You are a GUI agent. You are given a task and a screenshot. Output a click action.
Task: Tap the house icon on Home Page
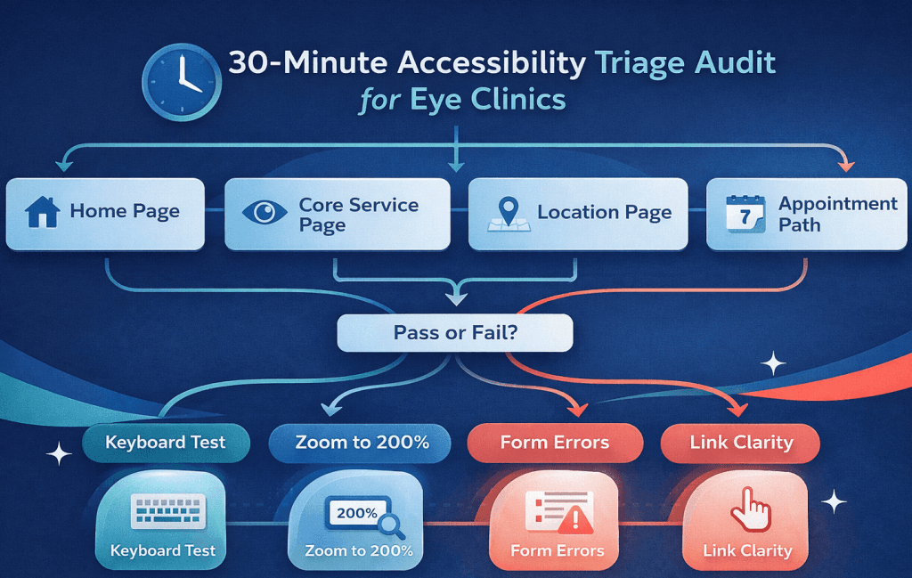pyautogui.click(x=42, y=213)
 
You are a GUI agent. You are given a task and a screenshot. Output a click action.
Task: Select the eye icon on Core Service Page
pyautogui.click(x=265, y=213)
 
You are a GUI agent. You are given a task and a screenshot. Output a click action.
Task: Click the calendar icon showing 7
pyautogui.click(x=745, y=215)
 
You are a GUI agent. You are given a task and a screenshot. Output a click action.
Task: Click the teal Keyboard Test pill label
pyautogui.click(x=165, y=443)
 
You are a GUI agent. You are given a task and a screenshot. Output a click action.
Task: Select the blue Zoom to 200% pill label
pyautogui.click(x=362, y=443)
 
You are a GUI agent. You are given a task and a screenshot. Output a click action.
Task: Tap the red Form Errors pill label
pyautogui.click(x=554, y=443)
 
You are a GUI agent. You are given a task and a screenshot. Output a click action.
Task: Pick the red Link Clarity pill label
pyautogui.click(x=741, y=443)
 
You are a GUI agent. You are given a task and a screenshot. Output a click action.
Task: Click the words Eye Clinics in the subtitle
pyautogui.click(x=488, y=98)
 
